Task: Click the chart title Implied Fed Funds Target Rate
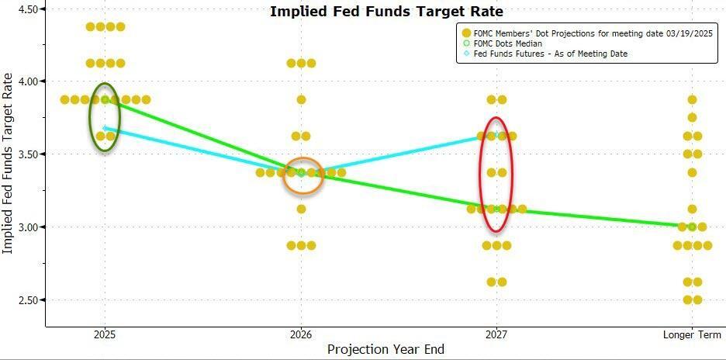point(386,12)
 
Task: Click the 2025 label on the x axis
point(105,334)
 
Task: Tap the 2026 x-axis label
point(301,334)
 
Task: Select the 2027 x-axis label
point(497,334)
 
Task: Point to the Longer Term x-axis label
point(692,334)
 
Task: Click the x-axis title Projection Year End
point(385,349)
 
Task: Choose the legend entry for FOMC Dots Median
point(507,44)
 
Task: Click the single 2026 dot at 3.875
point(301,99)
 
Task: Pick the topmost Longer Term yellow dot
point(692,99)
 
